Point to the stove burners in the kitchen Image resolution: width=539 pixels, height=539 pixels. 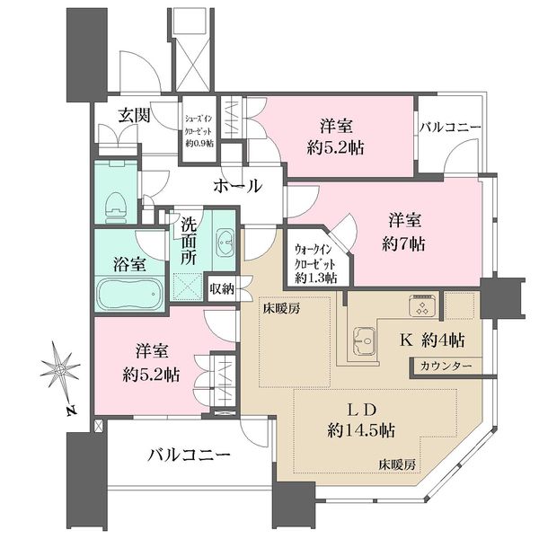[422, 305]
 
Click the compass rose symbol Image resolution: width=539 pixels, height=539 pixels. [59, 369]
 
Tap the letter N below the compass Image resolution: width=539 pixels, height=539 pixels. [71, 411]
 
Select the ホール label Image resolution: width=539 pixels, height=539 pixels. [237, 186]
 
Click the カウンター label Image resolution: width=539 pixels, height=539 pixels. [446, 367]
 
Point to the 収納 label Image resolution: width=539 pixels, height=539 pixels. [222, 288]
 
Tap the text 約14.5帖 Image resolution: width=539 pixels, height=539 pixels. [360, 430]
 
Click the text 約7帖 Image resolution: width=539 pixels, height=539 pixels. [403, 243]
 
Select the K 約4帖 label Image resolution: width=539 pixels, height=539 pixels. [432, 340]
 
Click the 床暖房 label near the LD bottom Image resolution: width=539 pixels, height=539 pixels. [397, 465]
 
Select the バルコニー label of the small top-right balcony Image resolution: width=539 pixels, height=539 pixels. [450, 128]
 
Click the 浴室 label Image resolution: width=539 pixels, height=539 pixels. [129, 265]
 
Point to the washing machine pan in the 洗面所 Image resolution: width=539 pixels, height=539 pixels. [188, 287]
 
